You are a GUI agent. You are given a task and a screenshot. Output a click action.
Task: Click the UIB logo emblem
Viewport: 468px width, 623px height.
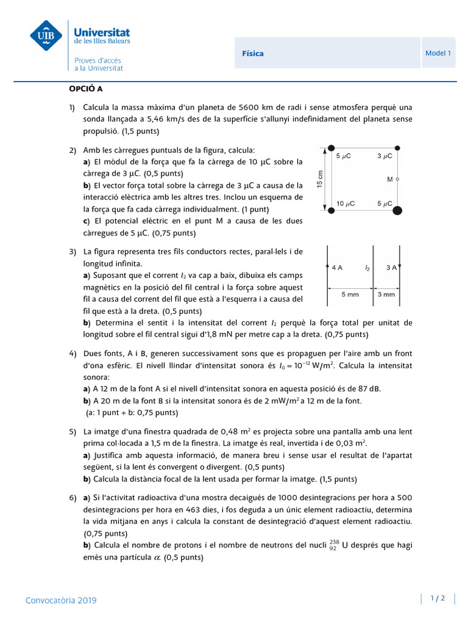(x=46, y=36)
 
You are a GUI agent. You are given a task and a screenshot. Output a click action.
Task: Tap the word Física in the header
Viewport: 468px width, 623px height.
(x=252, y=54)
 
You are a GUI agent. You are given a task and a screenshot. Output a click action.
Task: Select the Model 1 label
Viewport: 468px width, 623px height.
(x=438, y=53)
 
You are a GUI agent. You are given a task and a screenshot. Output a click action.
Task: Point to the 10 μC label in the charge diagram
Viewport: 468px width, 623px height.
(x=346, y=203)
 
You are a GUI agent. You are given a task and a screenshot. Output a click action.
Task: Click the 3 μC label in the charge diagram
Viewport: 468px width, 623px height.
(x=386, y=156)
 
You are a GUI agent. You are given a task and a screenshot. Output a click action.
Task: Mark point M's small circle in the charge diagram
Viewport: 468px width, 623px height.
(x=397, y=179)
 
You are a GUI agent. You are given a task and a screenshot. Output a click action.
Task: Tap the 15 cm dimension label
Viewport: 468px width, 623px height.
(x=320, y=178)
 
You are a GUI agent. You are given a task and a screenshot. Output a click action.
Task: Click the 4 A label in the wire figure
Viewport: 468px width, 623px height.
(x=337, y=267)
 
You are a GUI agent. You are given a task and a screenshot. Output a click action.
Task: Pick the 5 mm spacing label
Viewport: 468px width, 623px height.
(x=350, y=294)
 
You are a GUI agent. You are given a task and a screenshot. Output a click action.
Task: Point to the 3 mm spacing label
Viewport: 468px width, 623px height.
(x=386, y=294)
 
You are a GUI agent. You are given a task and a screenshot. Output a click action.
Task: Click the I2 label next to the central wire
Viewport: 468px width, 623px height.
(x=367, y=268)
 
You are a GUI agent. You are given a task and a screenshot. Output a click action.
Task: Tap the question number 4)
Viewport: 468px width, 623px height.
(x=73, y=353)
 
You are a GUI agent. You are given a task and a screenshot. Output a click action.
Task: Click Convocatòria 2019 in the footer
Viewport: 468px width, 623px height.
(x=61, y=600)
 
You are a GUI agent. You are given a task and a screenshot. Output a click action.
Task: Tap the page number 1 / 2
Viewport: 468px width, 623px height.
(x=438, y=598)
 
